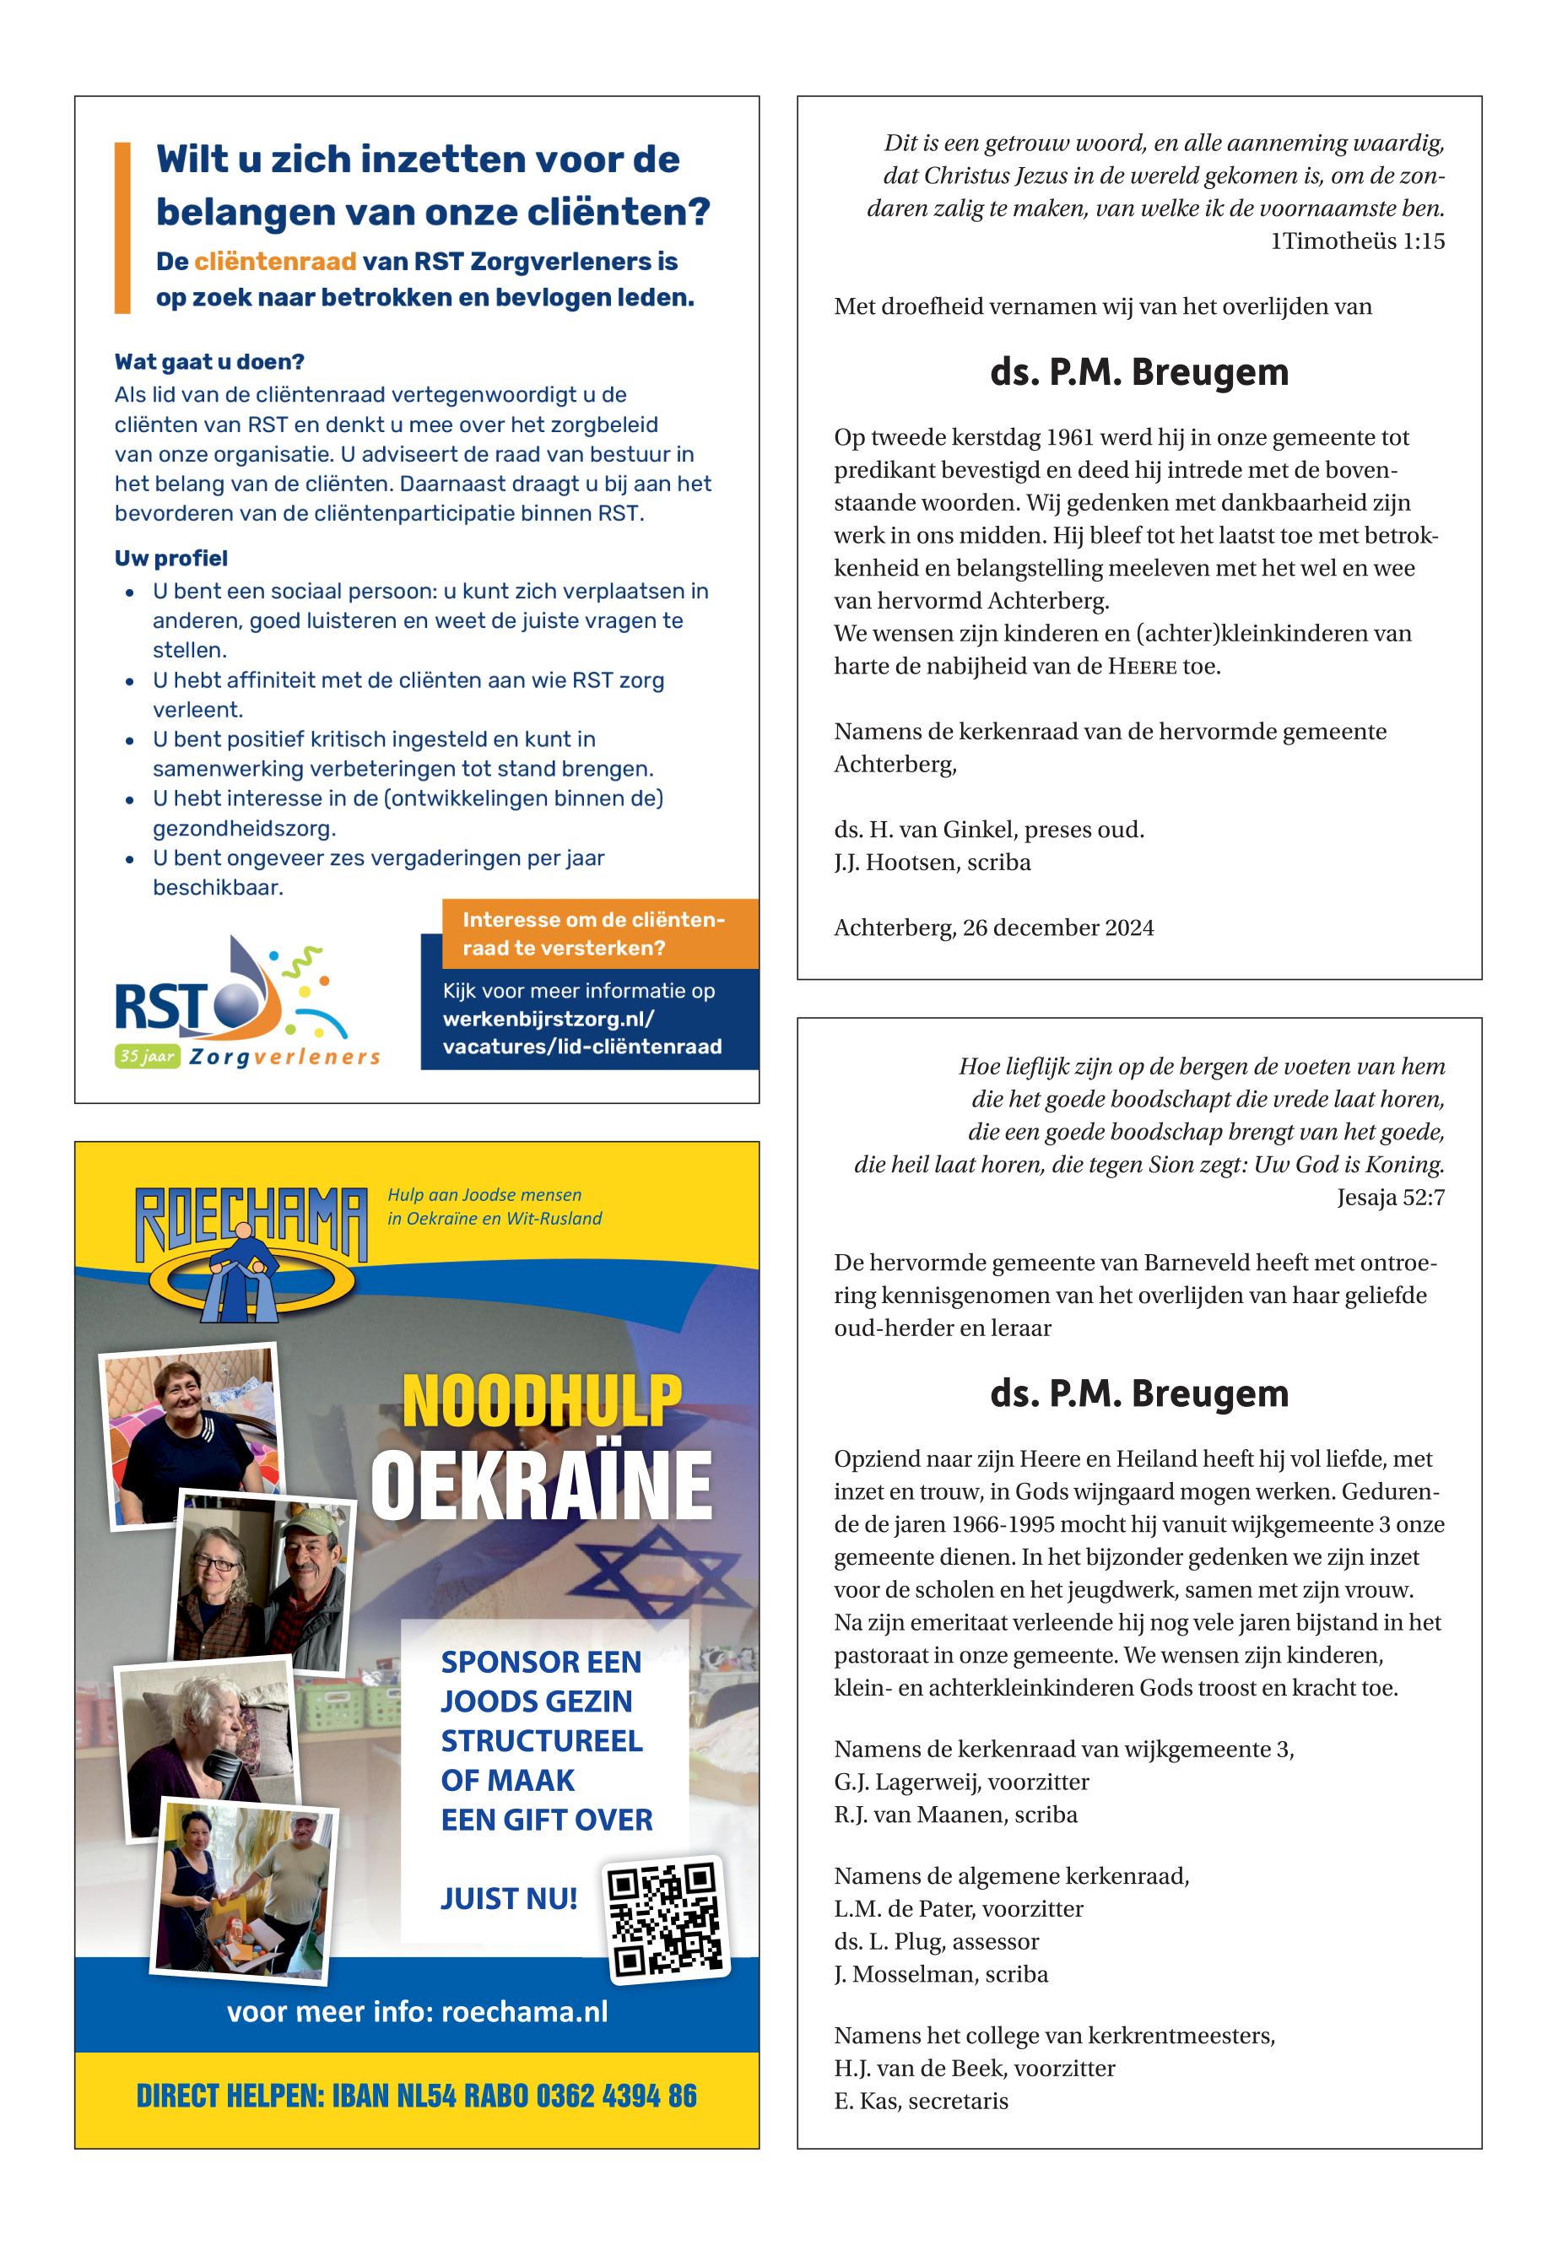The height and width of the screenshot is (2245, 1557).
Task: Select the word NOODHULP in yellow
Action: (542, 1402)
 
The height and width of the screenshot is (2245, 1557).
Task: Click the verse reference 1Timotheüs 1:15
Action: (1357, 241)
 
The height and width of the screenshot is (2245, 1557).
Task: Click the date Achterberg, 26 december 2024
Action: (993, 928)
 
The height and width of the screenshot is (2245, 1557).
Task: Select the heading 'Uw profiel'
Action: (170, 558)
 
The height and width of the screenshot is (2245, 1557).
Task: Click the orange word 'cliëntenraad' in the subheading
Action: (274, 262)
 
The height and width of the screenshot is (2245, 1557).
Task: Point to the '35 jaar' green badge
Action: (146, 1056)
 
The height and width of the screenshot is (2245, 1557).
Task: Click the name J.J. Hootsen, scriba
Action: (932, 863)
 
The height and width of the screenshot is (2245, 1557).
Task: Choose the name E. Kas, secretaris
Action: (920, 2101)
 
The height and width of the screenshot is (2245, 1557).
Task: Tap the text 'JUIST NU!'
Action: (508, 1899)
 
